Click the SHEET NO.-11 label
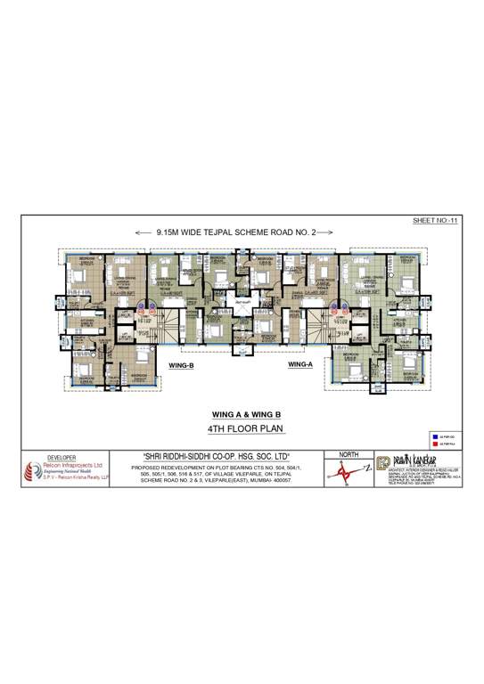pyautogui.click(x=435, y=219)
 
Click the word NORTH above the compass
pyautogui.click(x=349, y=454)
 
